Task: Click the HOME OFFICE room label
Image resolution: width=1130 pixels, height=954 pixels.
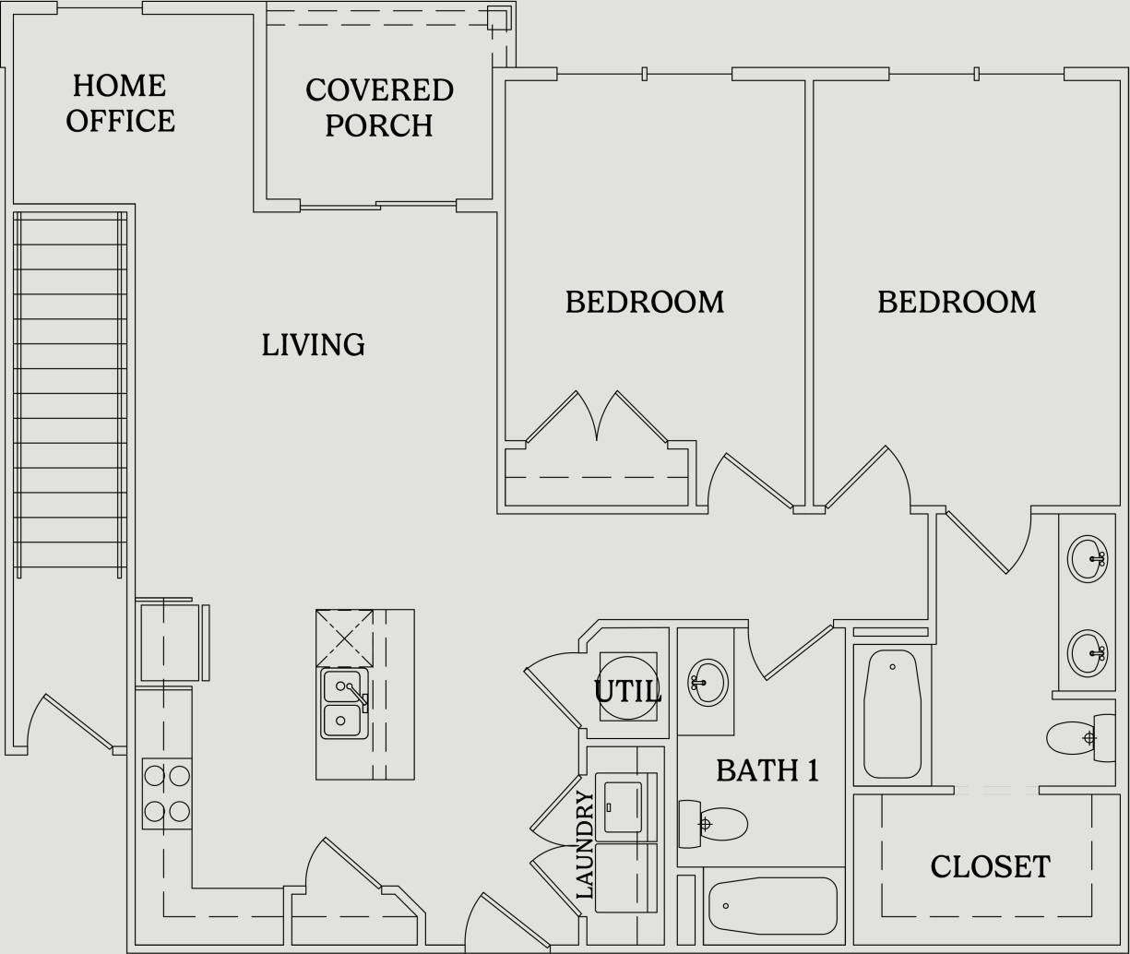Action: (x=120, y=103)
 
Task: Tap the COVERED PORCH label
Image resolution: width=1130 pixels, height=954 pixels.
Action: (x=379, y=108)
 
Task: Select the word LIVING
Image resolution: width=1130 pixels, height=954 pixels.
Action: (x=313, y=345)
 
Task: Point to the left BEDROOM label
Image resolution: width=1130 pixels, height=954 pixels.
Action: (x=644, y=303)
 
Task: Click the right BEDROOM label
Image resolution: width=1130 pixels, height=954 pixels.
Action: (x=956, y=303)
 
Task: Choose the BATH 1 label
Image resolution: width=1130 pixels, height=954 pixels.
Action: (x=767, y=770)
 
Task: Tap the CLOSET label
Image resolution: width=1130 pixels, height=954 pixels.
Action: (x=989, y=867)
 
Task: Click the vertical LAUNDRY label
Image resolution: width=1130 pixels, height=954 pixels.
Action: (x=584, y=844)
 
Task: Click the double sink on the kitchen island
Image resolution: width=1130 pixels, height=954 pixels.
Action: (x=343, y=703)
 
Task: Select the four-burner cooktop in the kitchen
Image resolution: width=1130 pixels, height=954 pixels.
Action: (x=167, y=793)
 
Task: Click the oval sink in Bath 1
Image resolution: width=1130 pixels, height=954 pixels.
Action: (x=708, y=683)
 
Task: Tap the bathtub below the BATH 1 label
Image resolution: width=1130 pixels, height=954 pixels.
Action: (x=773, y=905)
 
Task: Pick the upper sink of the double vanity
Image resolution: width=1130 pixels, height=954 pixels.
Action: (x=1087, y=558)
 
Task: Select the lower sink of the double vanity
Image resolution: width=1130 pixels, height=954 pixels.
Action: (x=1087, y=653)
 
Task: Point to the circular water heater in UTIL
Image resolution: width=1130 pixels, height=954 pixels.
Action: (x=628, y=687)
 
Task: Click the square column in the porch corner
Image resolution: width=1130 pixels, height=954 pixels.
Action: (x=498, y=18)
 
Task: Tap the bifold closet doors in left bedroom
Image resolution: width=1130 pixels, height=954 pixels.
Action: (x=597, y=419)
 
